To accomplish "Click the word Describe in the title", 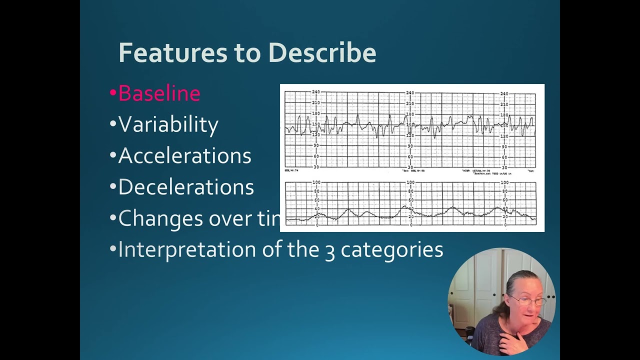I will [x=322, y=52].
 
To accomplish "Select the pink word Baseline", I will [x=159, y=93].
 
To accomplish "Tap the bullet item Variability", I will [x=168, y=124].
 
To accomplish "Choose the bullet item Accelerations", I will [x=184, y=156].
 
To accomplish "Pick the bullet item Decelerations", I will [x=185, y=187].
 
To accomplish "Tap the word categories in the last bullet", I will [x=392, y=250].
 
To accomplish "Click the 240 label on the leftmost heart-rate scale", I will [x=315, y=92].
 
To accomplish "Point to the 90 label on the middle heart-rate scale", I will [x=410, y=146].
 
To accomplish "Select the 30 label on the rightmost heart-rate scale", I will [x=504, y=167].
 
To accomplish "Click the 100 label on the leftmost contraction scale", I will [x=316, y=182].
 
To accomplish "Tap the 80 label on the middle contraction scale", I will [x=410, y=191].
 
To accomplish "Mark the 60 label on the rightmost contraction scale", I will [x=504, y=199].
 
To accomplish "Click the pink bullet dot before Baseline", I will [x=112, y=93].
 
